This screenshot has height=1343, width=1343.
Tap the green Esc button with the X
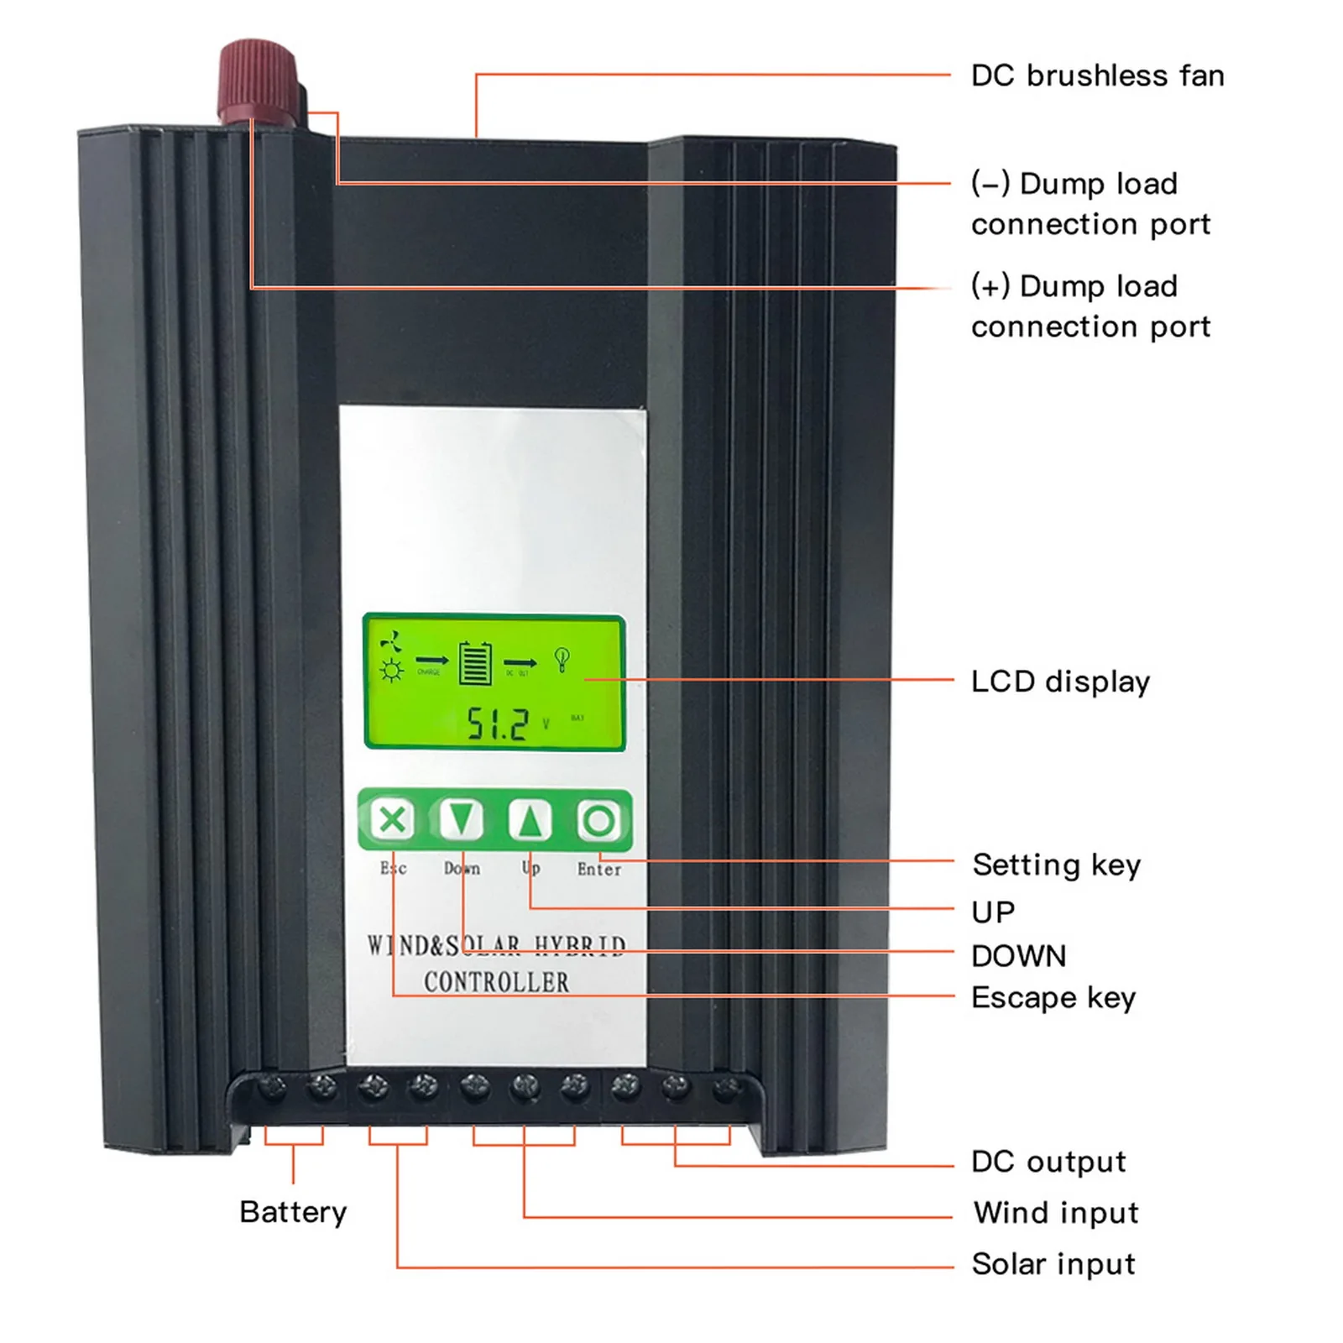392,819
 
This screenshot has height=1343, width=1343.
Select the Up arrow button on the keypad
530,819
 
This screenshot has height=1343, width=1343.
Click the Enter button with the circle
598,820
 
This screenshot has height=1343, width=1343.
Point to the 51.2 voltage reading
498,723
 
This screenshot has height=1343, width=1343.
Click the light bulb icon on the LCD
562,660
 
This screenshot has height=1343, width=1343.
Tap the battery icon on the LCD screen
475,663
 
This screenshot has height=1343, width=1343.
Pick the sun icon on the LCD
391,671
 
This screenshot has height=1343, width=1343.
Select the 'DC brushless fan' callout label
1097,76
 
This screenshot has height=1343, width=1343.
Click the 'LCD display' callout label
1060,682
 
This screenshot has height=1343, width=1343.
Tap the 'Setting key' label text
1056,865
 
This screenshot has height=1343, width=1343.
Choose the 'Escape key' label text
1053,997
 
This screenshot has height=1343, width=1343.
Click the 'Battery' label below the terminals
293,1212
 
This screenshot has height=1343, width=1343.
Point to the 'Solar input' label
1053,1263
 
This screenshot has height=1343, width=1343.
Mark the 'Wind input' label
1055,1212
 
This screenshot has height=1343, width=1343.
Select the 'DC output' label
1048,1162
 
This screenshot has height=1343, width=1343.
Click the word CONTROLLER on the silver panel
496,982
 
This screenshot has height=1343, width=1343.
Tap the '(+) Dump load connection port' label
1090,306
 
